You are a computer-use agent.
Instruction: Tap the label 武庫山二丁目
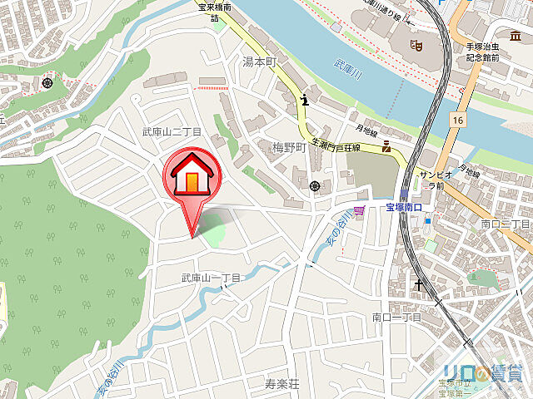pyautogui.click(x=172, y=132)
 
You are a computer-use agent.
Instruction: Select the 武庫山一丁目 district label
pyautogui.click(x=211, y=278)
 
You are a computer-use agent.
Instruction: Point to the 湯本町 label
pyautogui.click(x=258, y=62)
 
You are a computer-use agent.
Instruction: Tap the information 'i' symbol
pyautogui.click(x=306, y=101)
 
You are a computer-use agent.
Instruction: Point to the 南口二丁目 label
pyautogui.click(x=506, y=224)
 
